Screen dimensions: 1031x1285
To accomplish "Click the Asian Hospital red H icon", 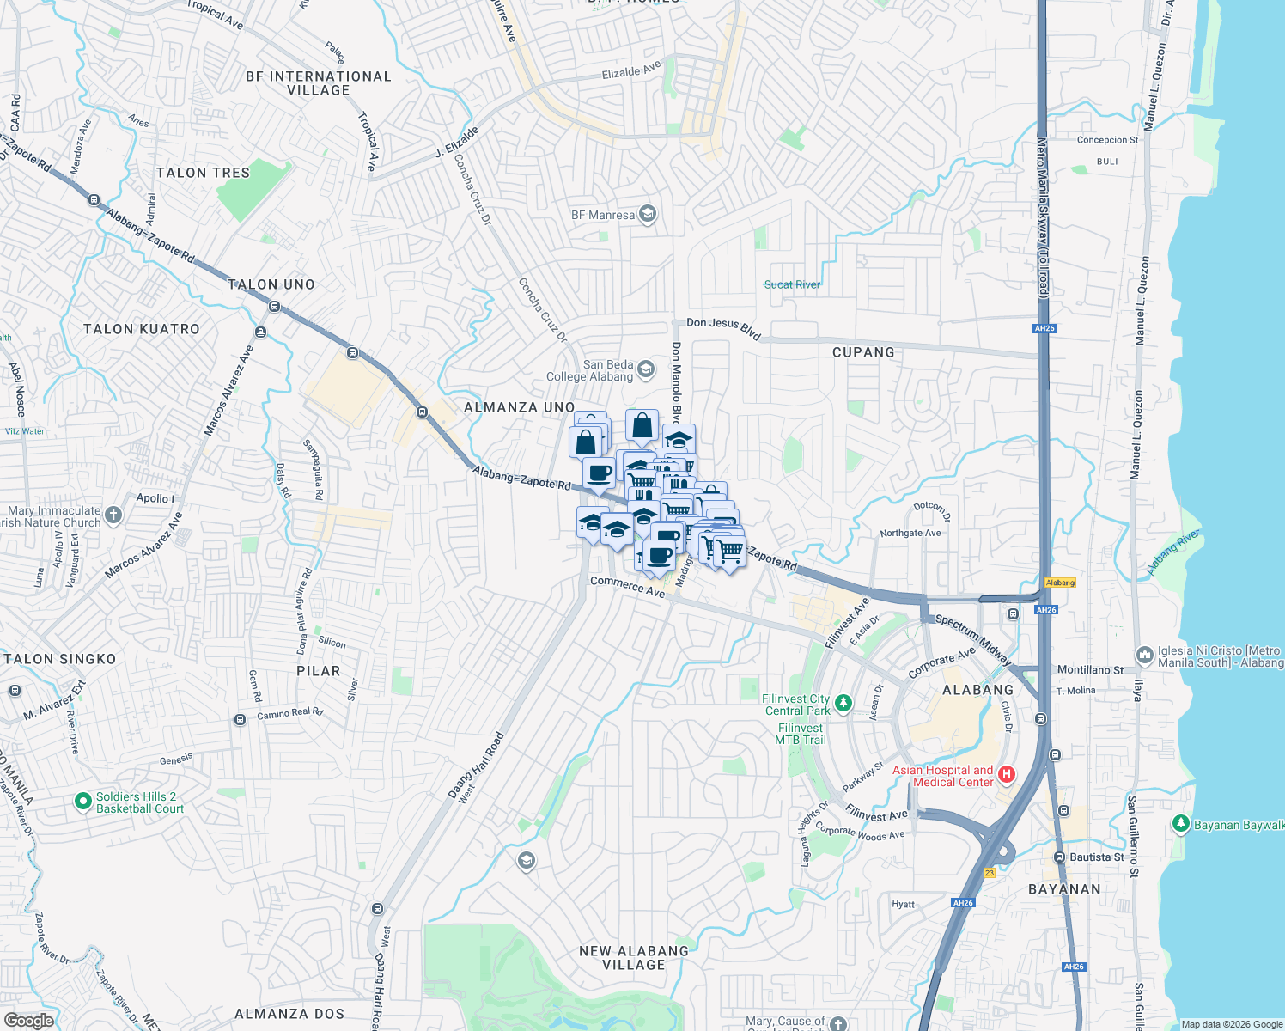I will click(x=1006, y=775).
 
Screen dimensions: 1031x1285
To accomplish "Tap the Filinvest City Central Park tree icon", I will click(x=843, y=705).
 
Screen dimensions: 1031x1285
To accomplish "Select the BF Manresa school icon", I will click(x=648, y=214).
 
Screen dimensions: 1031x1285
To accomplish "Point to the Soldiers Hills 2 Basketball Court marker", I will click(x=83, y=802).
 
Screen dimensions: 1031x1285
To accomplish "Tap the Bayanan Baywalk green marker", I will click(x=1181, y=824).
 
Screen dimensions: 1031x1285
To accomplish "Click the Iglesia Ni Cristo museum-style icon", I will click(x=1144, y=656).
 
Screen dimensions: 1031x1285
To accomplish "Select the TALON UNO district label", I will click(x=271, y=284).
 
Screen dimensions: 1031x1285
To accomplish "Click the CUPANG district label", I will click(x=863, y=352).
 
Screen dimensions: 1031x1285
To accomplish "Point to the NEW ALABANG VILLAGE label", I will click(x=634, y=958).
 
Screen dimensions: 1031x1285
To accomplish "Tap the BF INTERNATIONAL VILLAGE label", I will click(x=319, y=83).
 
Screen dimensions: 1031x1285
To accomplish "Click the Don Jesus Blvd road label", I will click(x=723, y=327).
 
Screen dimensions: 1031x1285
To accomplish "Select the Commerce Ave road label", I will click(x=627, y=586).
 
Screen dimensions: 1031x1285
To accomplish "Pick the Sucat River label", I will click(x=792, y=284).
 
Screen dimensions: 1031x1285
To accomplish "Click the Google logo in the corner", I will click(x=28, y=1021).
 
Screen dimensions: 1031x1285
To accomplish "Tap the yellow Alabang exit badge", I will click(x=1060, y=583).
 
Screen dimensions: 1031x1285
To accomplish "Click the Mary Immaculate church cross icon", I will click(x=113, y=515).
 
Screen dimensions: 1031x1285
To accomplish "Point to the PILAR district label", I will click(x=319, y=671).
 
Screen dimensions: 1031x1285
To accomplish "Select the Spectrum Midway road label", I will click(x=973, y=638).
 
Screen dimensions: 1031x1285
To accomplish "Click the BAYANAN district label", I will click(x=1064, y=889).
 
